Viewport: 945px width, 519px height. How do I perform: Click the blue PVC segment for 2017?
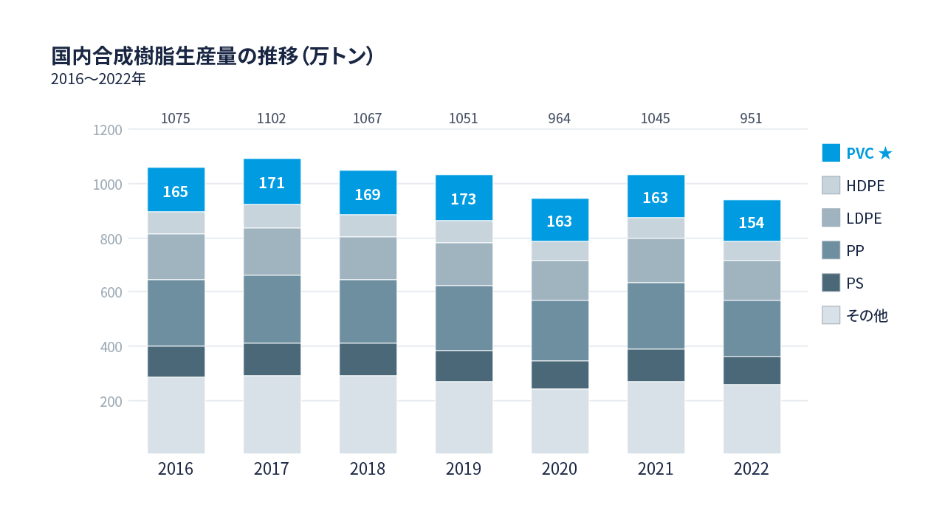point(272,182)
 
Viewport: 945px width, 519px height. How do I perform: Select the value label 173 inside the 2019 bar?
point(464,199)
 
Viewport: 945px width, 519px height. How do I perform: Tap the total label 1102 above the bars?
point(272,118)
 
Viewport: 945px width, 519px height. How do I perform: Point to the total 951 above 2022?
point(751,118)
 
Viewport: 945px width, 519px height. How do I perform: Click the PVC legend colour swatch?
point(831,153)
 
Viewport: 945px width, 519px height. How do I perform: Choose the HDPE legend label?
point(865,186)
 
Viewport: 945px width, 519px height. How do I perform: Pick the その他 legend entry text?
point(867,316)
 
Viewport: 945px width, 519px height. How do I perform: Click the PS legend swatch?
point(831,283)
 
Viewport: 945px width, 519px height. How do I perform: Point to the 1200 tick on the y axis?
point(107,130)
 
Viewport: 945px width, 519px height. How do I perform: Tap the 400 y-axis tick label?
point(107,346)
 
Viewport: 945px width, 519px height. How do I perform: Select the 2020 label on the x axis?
point(560,470)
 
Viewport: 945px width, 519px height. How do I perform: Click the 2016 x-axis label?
point(176,470)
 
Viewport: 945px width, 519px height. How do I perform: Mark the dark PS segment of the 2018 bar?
point(368,360)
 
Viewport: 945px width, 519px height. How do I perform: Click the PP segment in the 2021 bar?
point(656,316)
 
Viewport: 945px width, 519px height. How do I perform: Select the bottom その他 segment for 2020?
point(560,421)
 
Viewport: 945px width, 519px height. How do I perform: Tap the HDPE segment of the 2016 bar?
point(176,223)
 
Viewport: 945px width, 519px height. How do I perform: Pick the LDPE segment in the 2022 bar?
point(752,281)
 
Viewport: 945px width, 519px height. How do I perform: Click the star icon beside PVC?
point(886,154)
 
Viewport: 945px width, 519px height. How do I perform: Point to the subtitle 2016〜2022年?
point(98,79)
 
